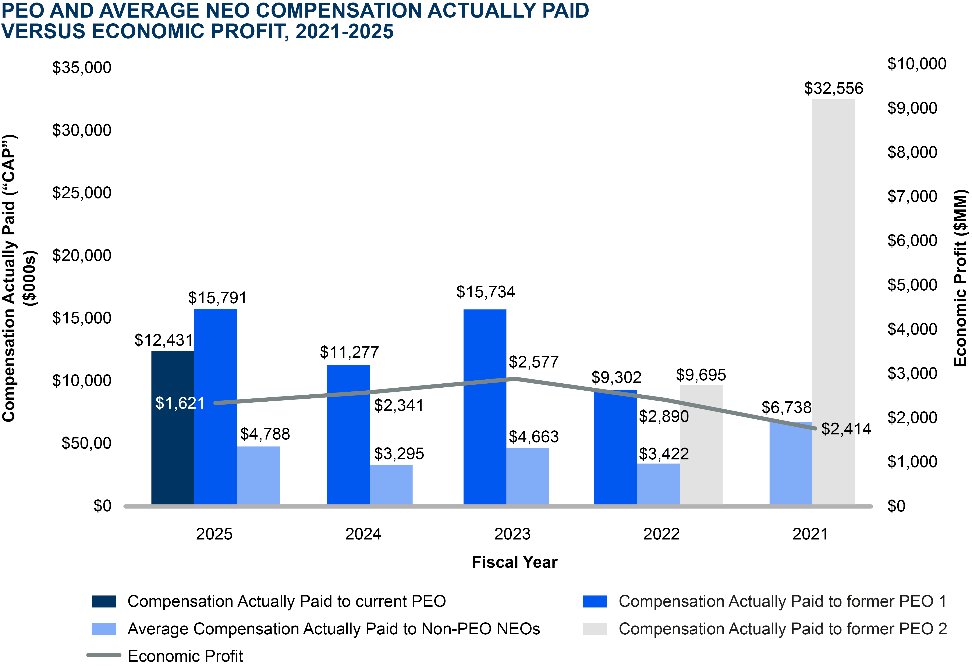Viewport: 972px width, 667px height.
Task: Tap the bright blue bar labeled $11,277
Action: [x=348, y=435]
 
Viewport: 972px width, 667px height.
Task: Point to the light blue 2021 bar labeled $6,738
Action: [x=791, y=464]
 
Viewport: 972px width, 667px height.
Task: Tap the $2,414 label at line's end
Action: [x=846, y=429]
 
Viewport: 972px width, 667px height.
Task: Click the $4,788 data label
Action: [x=265, y=434]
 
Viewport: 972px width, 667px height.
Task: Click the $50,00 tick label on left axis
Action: [x=86, y=443]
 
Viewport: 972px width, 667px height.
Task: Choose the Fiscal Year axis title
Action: [x=514, y=562]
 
